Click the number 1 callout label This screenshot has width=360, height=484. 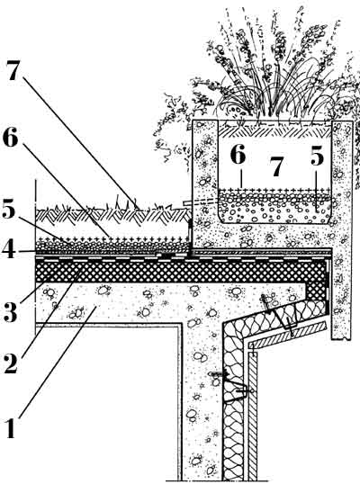pos(11,428)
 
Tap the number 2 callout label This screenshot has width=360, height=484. pos(11,363)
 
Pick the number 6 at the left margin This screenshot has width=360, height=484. pos(11,138)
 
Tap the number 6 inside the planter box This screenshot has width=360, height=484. pos(238,154)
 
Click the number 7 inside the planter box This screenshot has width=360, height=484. pos(276,167)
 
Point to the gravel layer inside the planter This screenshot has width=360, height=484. pos(274,207)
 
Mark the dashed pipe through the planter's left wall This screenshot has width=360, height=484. pos(200,202)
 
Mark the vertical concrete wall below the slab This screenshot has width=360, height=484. pos(201,401)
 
